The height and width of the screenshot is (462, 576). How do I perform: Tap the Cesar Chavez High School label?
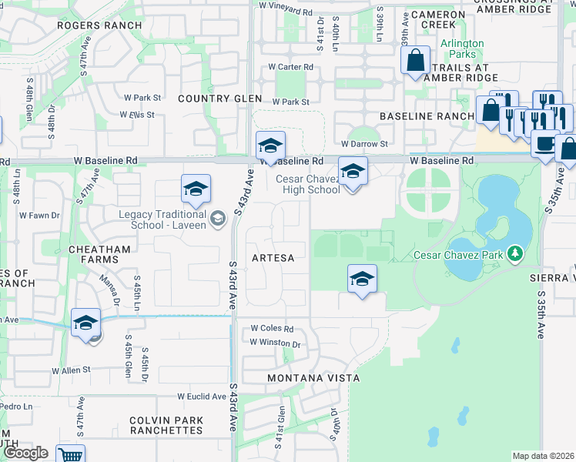click(x=307, y=185)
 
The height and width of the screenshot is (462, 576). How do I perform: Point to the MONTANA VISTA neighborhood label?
click(x=313, y=378)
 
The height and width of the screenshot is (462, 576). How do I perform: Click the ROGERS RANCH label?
click(x=99, y=25)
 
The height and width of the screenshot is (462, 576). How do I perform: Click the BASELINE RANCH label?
click(x=427, y=116)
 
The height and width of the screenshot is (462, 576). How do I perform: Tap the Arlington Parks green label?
click(x=462, y=49)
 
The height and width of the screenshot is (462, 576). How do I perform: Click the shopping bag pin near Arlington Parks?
click(x=415, y=61)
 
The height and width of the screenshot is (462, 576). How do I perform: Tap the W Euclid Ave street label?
click(x=202, y=397)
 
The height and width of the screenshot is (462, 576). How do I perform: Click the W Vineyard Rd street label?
click(x=286, y=5)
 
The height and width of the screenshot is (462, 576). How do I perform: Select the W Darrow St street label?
click(x=363, y=144)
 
